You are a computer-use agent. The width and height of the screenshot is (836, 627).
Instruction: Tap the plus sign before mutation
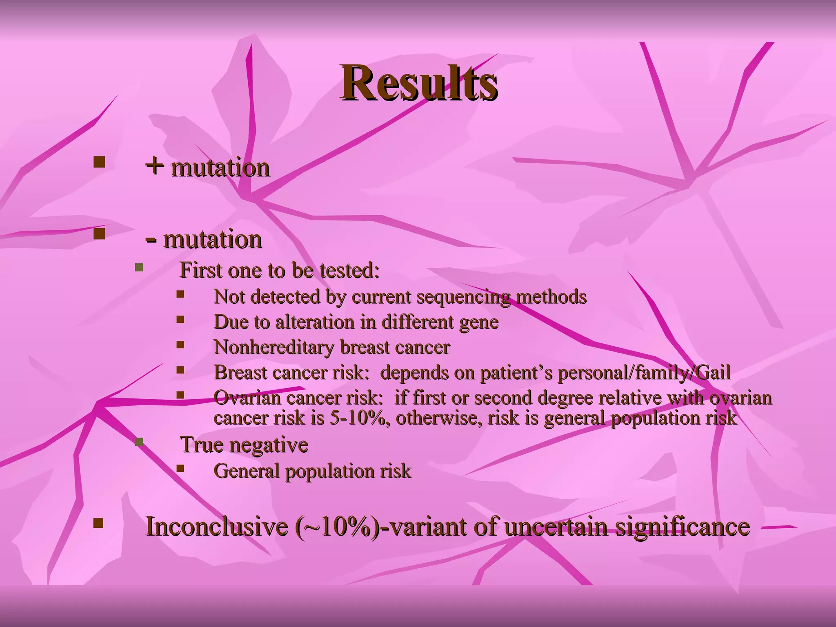[155, 166]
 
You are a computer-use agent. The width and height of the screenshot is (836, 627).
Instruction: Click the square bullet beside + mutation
[99, 162]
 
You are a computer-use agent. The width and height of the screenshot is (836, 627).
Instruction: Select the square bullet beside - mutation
[99, 234]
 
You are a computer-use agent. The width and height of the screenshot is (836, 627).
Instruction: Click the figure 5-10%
[357, 418]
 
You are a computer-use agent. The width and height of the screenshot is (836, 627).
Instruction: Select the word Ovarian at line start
[247, 398]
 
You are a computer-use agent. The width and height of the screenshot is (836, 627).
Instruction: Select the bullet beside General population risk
[180, 468]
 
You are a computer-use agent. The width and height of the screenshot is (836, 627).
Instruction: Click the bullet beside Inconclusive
[98, 523]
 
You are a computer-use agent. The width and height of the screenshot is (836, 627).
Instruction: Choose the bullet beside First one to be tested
[139, 268]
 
